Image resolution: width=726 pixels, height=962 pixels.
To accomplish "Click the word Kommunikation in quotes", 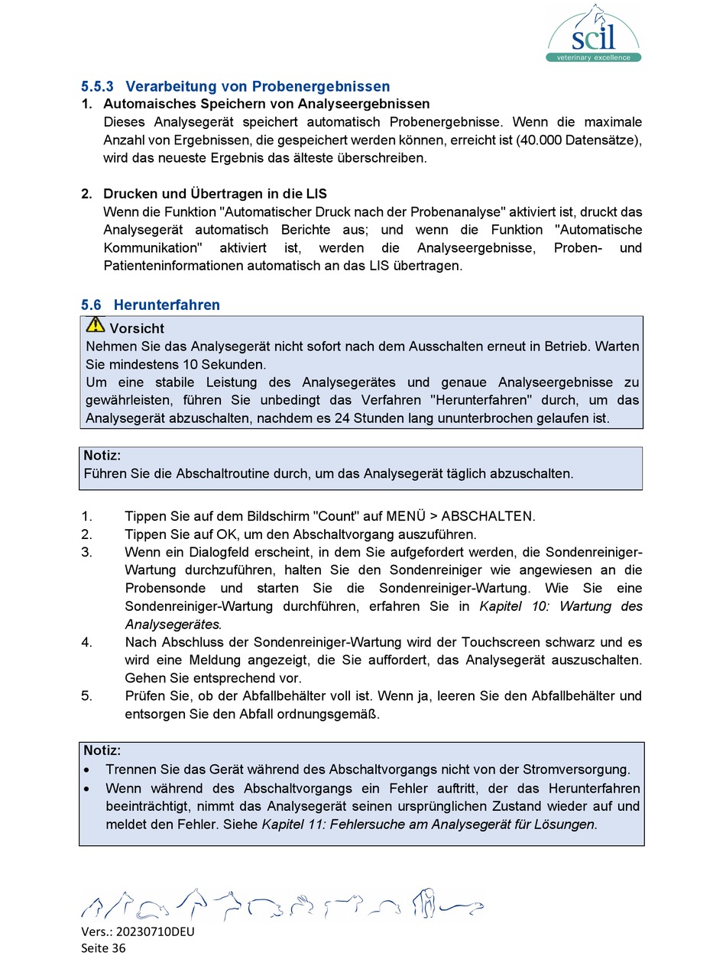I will [x=152, y=248].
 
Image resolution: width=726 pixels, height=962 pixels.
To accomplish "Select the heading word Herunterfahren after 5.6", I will [x=167, y=305].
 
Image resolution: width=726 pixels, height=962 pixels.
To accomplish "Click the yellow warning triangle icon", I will [x=95, y=325].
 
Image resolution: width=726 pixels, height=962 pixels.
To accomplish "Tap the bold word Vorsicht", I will [x=137, y=328].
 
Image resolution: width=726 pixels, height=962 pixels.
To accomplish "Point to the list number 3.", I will [x=86, y=552].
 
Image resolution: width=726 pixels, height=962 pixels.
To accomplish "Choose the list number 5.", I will [x=86, y=696].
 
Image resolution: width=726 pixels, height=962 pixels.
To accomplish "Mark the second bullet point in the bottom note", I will [x=90, y=789].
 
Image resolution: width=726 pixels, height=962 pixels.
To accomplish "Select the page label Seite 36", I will [x=103, y=947].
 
